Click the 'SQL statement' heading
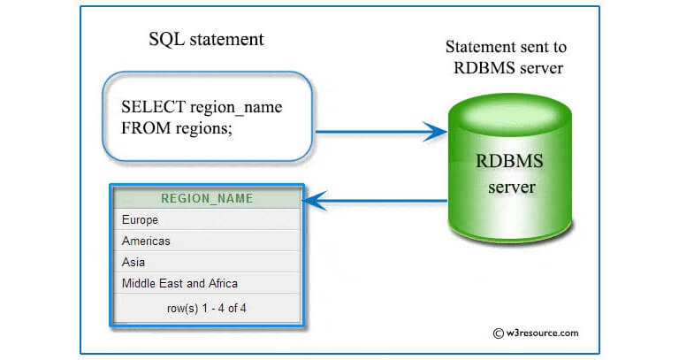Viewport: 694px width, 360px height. (206, 40)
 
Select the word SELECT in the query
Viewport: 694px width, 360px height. (154, 107)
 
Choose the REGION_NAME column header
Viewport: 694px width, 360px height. (207, 198)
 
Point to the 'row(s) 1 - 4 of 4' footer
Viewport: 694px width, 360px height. (206, 308)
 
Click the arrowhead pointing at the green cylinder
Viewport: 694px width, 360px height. (435, 133)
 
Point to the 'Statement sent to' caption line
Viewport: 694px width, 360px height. (506, 47)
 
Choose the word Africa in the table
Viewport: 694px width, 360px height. (220, 283)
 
